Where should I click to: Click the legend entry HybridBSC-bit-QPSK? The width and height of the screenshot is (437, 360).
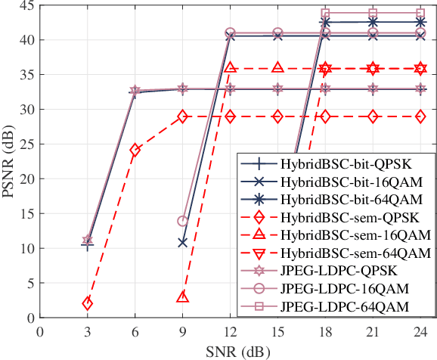click(336, 165)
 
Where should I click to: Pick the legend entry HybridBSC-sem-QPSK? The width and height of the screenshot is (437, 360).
click(336, 218)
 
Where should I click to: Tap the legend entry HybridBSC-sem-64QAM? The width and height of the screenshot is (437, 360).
click(336, 253)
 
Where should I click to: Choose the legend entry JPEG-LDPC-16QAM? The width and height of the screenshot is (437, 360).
click(336, 288)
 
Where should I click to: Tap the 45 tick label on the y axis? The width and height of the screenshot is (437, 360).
click(25, 5)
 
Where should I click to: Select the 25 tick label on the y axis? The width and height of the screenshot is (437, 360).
click(25, 144)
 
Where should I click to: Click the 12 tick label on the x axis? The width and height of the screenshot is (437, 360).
click(230, 331)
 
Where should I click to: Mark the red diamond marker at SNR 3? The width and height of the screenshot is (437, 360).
click(88, 303)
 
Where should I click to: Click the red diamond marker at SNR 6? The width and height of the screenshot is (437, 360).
click(135, 150)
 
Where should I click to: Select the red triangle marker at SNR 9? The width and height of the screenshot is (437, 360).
click(182, 297)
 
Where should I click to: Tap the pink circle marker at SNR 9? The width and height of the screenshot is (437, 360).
click(182, 221)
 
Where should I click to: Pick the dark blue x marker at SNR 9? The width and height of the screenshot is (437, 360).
click(182, 243)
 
